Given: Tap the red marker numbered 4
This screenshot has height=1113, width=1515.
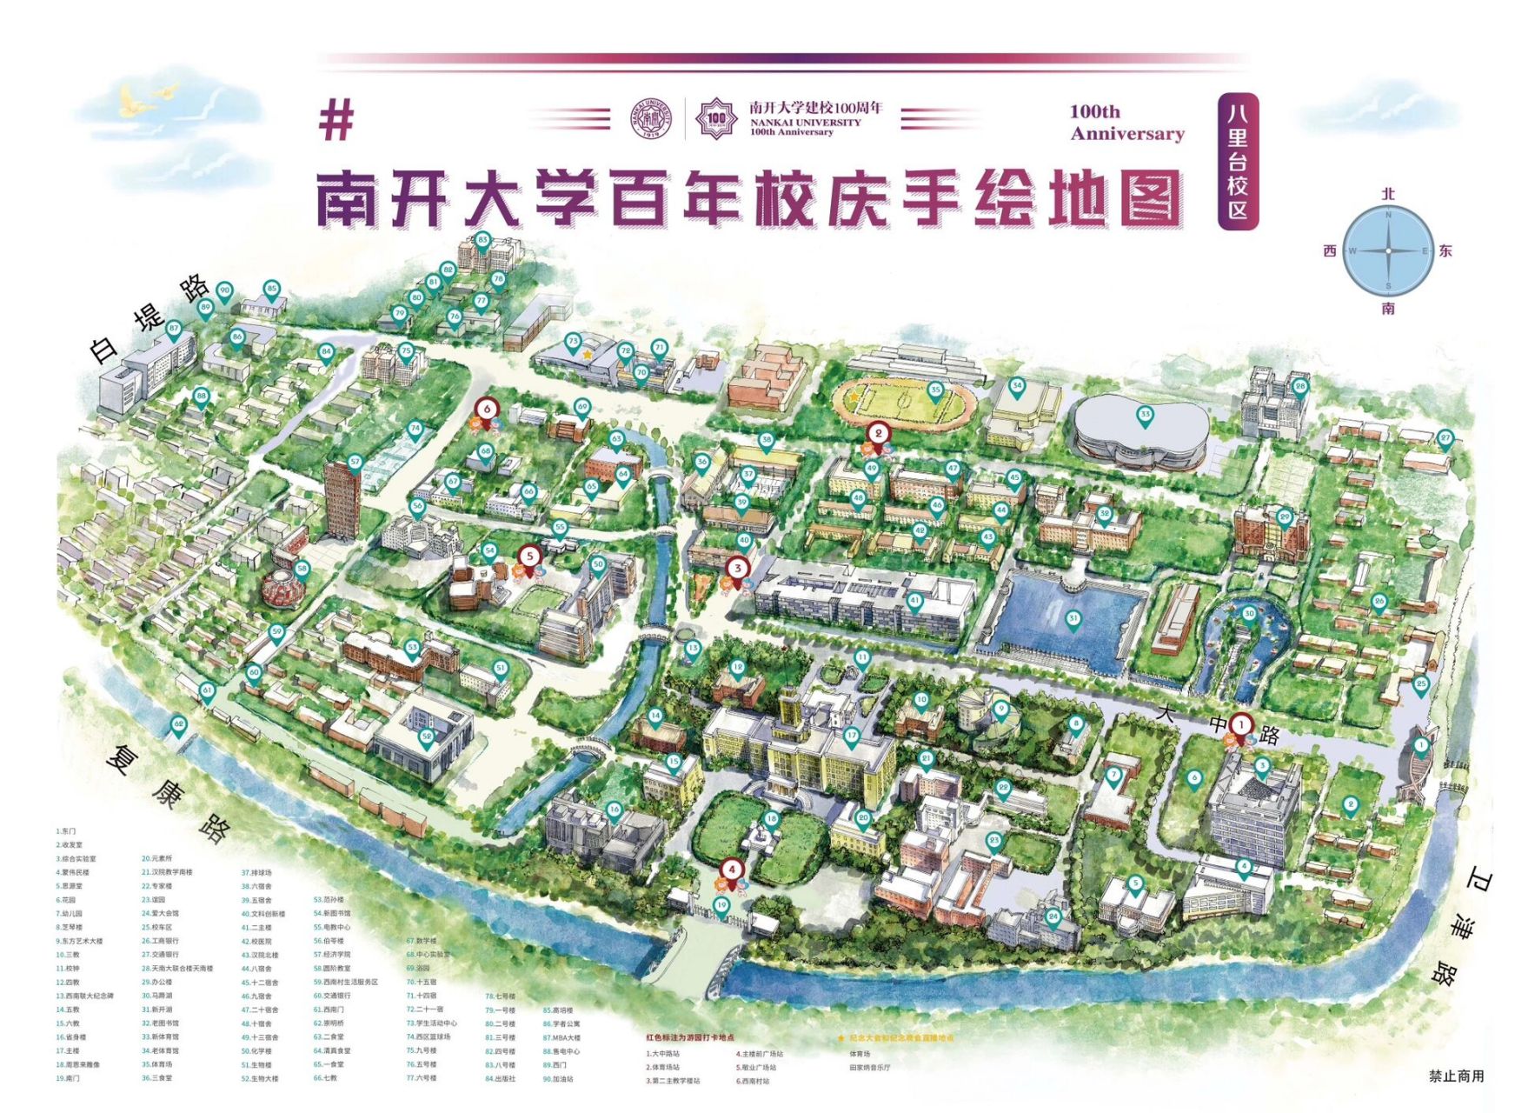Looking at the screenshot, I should [x=732, y=870].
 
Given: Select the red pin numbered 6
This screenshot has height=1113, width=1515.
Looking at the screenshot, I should [x=487, y=410].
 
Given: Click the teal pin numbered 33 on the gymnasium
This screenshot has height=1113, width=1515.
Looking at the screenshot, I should [x=1145, y=416].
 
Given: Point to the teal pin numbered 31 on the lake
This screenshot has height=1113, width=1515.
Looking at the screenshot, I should [x=1073, y=619].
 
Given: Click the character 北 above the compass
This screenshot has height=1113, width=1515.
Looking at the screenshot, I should [x=1388, y=194].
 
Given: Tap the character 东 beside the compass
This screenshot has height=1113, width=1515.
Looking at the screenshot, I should [x=1445, y=250].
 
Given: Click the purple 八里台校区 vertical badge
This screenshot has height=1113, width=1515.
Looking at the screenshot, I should [x=1238, y=162].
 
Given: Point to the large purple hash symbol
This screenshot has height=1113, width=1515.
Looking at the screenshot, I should [x=337, y=119].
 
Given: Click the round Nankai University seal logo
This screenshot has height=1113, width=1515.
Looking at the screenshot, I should [x=651, y=118].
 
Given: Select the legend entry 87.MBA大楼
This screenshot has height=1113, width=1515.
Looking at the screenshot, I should [x=561, y=1037].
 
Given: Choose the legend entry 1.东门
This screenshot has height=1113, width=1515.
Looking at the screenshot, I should [x=66, y=831].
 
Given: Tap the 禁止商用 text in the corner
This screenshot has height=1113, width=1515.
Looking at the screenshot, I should [x=1456, y=1076].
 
